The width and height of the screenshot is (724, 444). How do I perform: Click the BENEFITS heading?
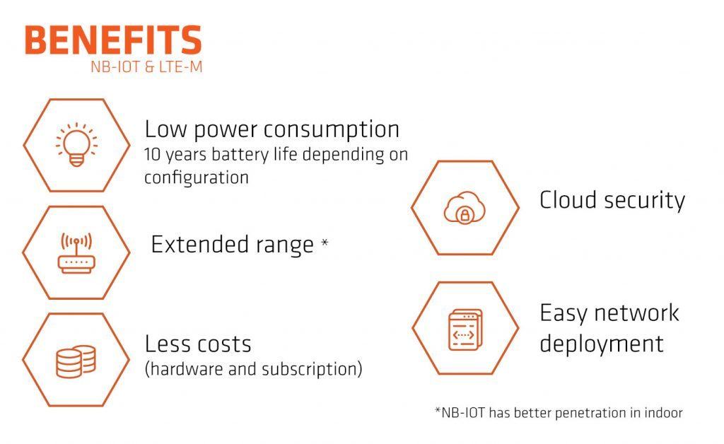[x=113, y=40]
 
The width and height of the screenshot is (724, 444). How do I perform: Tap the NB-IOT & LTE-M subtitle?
[x=146, y=67]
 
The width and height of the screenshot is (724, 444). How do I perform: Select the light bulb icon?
[x=76, y=145]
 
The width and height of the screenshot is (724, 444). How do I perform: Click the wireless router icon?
[x=76, y=253]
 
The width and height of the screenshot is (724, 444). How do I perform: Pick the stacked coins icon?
[x=76, y=361]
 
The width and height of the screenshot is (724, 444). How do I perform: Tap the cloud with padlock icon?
[x=465, y=208]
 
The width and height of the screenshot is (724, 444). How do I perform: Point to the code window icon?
[x=465, y=329]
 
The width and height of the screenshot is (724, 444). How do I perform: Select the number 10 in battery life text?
[x=152, y=154]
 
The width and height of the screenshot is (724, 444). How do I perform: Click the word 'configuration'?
[x=197, y=177]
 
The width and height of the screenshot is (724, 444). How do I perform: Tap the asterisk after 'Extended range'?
[x=325, y=243]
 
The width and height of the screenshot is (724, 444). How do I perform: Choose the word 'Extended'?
[x=200, y=244]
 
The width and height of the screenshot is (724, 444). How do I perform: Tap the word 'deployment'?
[x=602, y=344]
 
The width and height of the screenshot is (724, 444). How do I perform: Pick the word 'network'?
[x=636, y=313]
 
